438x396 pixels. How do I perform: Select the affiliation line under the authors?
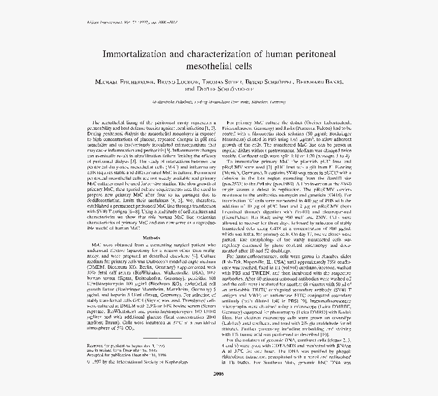219,102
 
